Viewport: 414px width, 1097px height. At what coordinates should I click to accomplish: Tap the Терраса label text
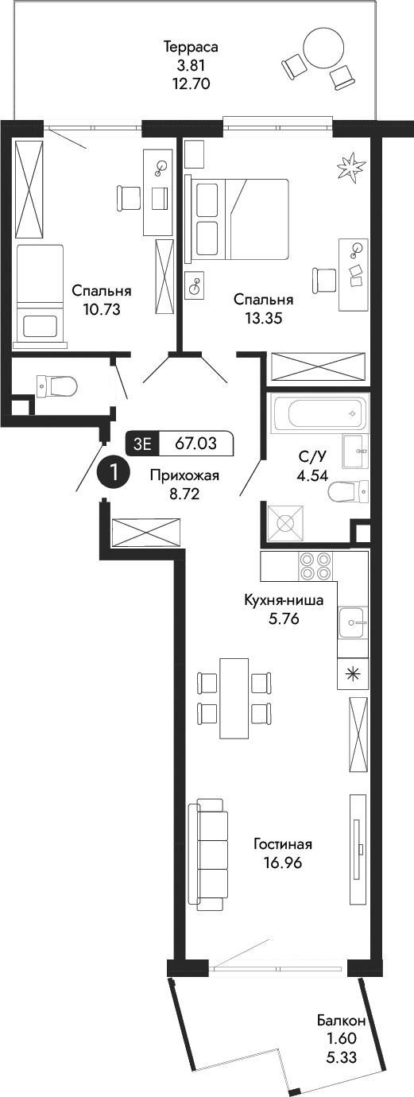[190, 47]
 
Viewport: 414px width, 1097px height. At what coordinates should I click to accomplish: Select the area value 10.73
[101, 310]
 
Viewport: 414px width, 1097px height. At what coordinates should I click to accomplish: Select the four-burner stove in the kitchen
[315, 567]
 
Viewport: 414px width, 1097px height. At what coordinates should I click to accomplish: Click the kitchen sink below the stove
[351, 622]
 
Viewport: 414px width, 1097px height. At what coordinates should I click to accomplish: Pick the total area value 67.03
[197, 444]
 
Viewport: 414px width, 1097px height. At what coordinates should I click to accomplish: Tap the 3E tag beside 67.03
[143, 444]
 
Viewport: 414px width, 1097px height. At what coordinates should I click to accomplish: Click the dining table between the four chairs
[234, 698]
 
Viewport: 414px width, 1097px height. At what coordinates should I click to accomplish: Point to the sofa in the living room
[208, 855]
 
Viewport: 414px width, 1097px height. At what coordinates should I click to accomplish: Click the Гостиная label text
[283, 844]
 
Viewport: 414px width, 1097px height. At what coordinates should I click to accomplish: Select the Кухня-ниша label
[284, 601]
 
